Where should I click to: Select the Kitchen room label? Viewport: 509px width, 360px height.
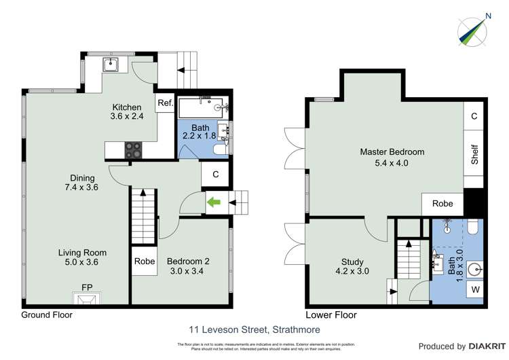click(127, 107)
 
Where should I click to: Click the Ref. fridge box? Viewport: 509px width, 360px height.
click(165, 104)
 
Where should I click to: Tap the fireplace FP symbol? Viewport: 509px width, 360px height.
click(87, 296)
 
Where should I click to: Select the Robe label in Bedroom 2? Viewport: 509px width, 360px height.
click(144, 262)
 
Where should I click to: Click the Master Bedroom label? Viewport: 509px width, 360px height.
click(392, 152)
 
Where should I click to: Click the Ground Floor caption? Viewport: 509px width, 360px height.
click(47, 315)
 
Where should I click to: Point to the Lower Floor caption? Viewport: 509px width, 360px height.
click(331, 315)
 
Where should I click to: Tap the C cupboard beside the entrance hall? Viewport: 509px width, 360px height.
click(216, 174)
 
